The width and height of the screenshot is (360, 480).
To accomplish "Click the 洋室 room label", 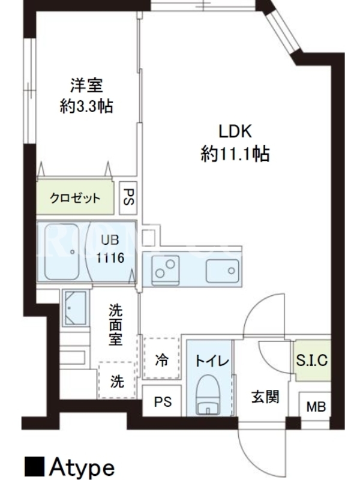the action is [87, 85].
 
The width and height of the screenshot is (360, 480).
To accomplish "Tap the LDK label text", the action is [235, 131].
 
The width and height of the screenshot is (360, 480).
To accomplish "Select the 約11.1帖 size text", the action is [235, 154].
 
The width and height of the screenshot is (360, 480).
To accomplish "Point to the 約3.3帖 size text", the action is [86, 106].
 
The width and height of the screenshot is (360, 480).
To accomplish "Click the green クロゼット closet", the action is [75, 197].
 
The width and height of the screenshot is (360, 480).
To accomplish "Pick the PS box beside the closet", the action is [128, 197].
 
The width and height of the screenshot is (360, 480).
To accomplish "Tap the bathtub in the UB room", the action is [62, 252].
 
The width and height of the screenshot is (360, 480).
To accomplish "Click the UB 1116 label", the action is [110, 249].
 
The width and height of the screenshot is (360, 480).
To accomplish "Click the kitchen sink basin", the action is [223, 271].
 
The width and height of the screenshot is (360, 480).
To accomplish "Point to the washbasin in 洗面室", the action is [76, 308].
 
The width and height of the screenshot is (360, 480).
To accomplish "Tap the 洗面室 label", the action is [115, 325].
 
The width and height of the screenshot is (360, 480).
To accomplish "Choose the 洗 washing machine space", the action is [117, 380].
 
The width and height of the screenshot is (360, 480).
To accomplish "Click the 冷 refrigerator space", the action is [161, 358].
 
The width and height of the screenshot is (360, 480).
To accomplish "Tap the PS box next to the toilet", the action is [162, 401].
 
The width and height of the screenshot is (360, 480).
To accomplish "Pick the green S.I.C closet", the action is [312, 361].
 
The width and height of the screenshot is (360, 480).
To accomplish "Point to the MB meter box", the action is [316, 407].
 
